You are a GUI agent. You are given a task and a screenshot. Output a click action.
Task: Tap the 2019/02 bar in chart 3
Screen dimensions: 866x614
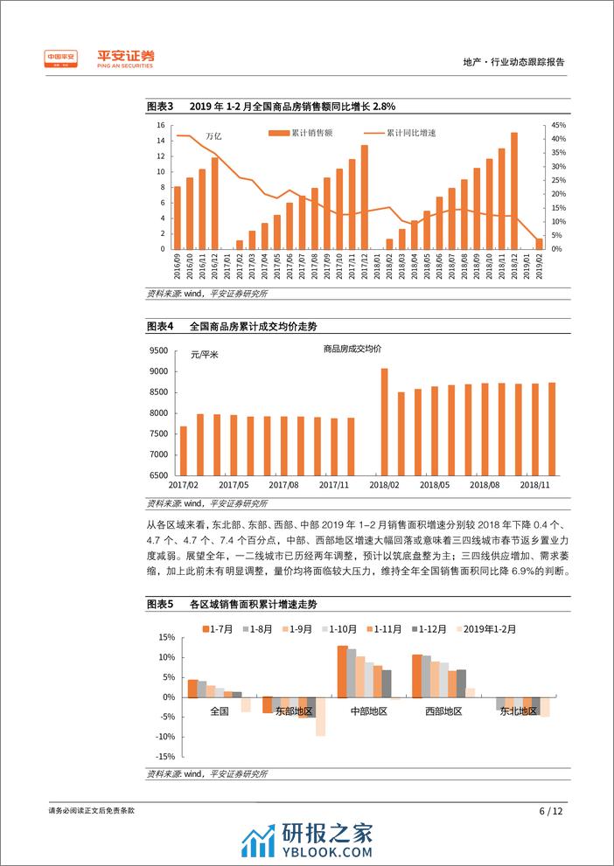click(x=539, y=243)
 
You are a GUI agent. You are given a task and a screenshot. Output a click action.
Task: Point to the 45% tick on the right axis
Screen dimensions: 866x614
click(x=559, y=125)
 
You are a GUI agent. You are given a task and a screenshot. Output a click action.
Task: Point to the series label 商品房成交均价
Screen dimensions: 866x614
click(x=352, y=348)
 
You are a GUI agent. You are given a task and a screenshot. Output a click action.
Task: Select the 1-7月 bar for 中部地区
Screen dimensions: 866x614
click(x=342, y=671)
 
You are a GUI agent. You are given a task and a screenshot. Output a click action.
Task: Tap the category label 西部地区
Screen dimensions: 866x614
click(x=443, y=711)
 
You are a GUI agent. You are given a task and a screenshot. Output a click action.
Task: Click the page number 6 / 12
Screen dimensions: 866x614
click(x=551, y=810)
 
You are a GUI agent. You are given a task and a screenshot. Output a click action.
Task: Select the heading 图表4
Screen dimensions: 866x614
click(x=160, y=325)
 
